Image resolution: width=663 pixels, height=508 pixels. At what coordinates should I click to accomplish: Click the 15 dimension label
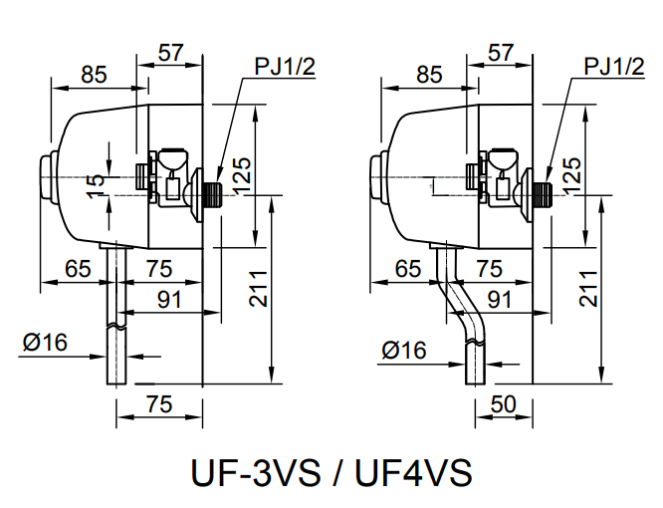(x=95, y=186)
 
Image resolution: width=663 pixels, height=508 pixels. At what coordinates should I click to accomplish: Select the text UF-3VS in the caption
(x=254, y=471)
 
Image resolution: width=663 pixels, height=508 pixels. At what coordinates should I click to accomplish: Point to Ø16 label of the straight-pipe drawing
(x=45, y=343)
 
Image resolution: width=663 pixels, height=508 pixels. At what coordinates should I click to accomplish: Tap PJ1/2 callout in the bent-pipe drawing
(x=614, y=67)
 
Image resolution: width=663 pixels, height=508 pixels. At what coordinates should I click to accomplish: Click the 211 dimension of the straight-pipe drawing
(x=256, y=288)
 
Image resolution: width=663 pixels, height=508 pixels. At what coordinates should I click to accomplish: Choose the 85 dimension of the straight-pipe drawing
(x=94, y=74)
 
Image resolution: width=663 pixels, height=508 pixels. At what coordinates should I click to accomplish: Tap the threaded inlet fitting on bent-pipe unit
(x=539, y=192)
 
